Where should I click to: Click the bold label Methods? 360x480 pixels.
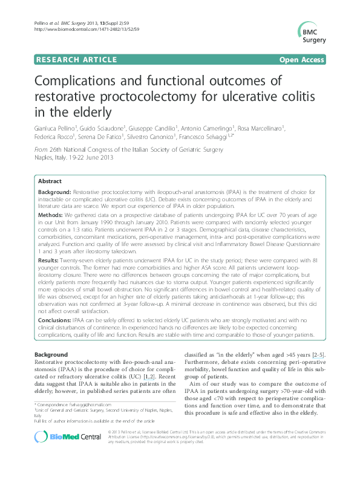coord(51,215)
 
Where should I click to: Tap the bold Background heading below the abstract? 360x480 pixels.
coord(51,354)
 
